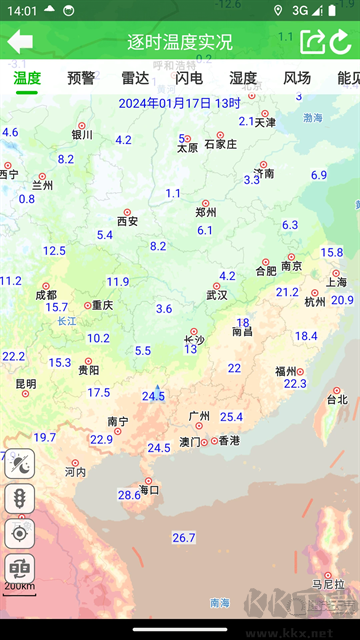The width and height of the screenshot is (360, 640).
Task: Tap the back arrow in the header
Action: coord(20,42)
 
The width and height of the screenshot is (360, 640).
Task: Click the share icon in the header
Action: coord(312,42)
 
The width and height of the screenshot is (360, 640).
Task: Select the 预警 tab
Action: coord(81,78)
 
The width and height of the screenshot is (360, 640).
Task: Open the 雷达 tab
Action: coord(135,78)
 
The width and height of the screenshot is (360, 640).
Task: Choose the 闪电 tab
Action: coord(189,78)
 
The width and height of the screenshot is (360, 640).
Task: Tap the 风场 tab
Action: coord(297,78)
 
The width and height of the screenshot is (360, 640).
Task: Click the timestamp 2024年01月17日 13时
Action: coord(180,103)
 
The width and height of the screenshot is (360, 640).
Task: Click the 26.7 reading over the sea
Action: coord(184,538)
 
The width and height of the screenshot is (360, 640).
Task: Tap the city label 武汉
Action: coord(217,295)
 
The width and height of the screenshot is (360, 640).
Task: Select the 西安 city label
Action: coord(127,221)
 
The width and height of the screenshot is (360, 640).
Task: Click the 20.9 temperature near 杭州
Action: coord(342,300)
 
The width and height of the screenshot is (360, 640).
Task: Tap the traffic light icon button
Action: coord(20,497)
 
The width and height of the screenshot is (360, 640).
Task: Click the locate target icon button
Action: coord(20,532)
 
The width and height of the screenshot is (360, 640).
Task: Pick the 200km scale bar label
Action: coord(19,586)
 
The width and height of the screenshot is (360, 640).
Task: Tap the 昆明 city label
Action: coord(26,384)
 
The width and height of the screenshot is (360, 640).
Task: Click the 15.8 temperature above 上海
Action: coord(332,253)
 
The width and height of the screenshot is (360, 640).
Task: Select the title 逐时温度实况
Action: coord(180,42)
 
